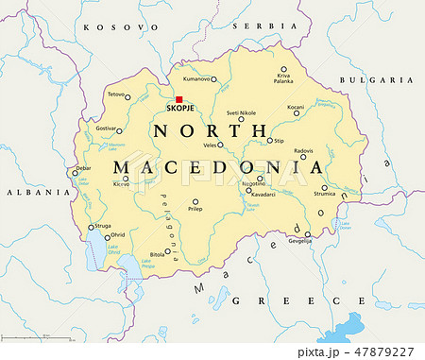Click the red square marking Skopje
(178, 98)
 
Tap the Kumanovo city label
(196, 79)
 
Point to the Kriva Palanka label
(283, 77)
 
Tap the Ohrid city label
(117, 234)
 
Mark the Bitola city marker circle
(167, 251)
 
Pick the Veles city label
(209, 145)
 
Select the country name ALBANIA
(25, 191)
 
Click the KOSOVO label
(110, 28)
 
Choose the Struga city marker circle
(92, 227)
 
